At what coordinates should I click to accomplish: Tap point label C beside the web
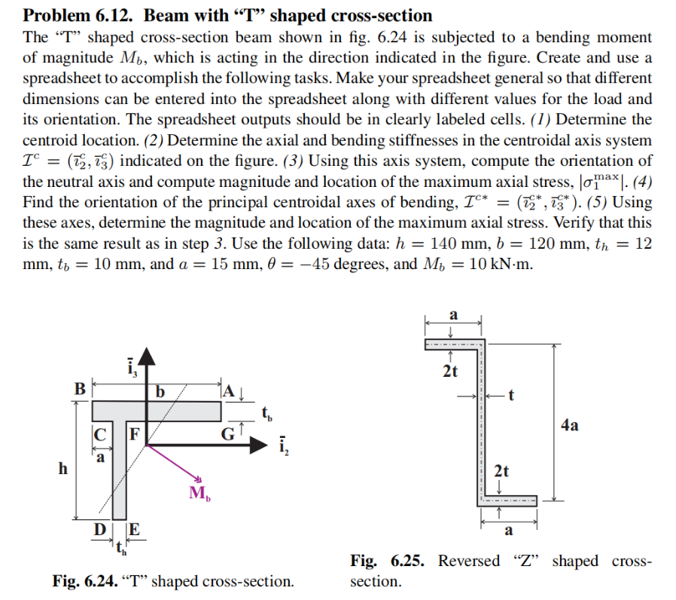tap(99, 434)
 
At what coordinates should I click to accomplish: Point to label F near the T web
tap(134, 434)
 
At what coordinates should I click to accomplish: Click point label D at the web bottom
tap(99, 530)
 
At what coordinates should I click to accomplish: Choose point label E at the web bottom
tap(134, 530)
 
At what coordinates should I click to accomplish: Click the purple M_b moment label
tap(199, 494)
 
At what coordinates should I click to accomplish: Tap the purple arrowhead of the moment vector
tap(199, 480)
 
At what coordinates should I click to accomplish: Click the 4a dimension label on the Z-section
tap(570, 424)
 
